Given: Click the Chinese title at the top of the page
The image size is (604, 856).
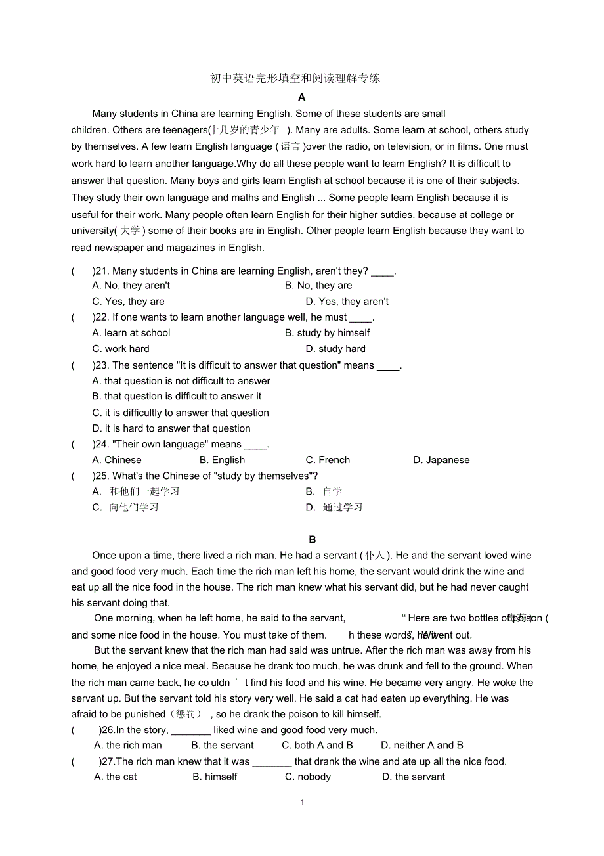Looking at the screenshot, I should tap(295, 79).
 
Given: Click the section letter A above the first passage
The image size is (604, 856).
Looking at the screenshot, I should tap(302, 97).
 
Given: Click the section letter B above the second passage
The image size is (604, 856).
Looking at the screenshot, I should tap(313, 539).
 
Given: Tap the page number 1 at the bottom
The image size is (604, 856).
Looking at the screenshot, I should tap(302, 802).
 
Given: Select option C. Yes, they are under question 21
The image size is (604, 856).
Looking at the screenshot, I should tap(128, 302).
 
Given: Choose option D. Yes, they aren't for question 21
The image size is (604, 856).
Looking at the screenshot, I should tap(347, 302).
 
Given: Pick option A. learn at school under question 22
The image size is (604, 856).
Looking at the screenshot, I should tap(131, 333).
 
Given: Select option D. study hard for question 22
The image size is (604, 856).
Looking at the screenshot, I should tap(335, 349).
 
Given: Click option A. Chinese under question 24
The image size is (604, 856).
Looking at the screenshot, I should tap(117, 460).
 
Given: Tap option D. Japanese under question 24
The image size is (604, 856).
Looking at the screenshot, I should tap(441, 460).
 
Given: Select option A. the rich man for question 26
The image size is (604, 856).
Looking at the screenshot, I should tap(128, 745).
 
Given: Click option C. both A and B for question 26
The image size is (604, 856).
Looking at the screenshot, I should tap(317, 745).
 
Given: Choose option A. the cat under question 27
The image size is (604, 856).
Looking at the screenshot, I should tap(116, 777).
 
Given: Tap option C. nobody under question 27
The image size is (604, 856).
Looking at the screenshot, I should tap(308, 777).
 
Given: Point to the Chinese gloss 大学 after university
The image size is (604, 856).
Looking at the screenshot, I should tap(130, 231).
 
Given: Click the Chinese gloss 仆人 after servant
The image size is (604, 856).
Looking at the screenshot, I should tap(376, 556).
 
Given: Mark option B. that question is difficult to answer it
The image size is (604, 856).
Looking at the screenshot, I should tap(177, 396).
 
